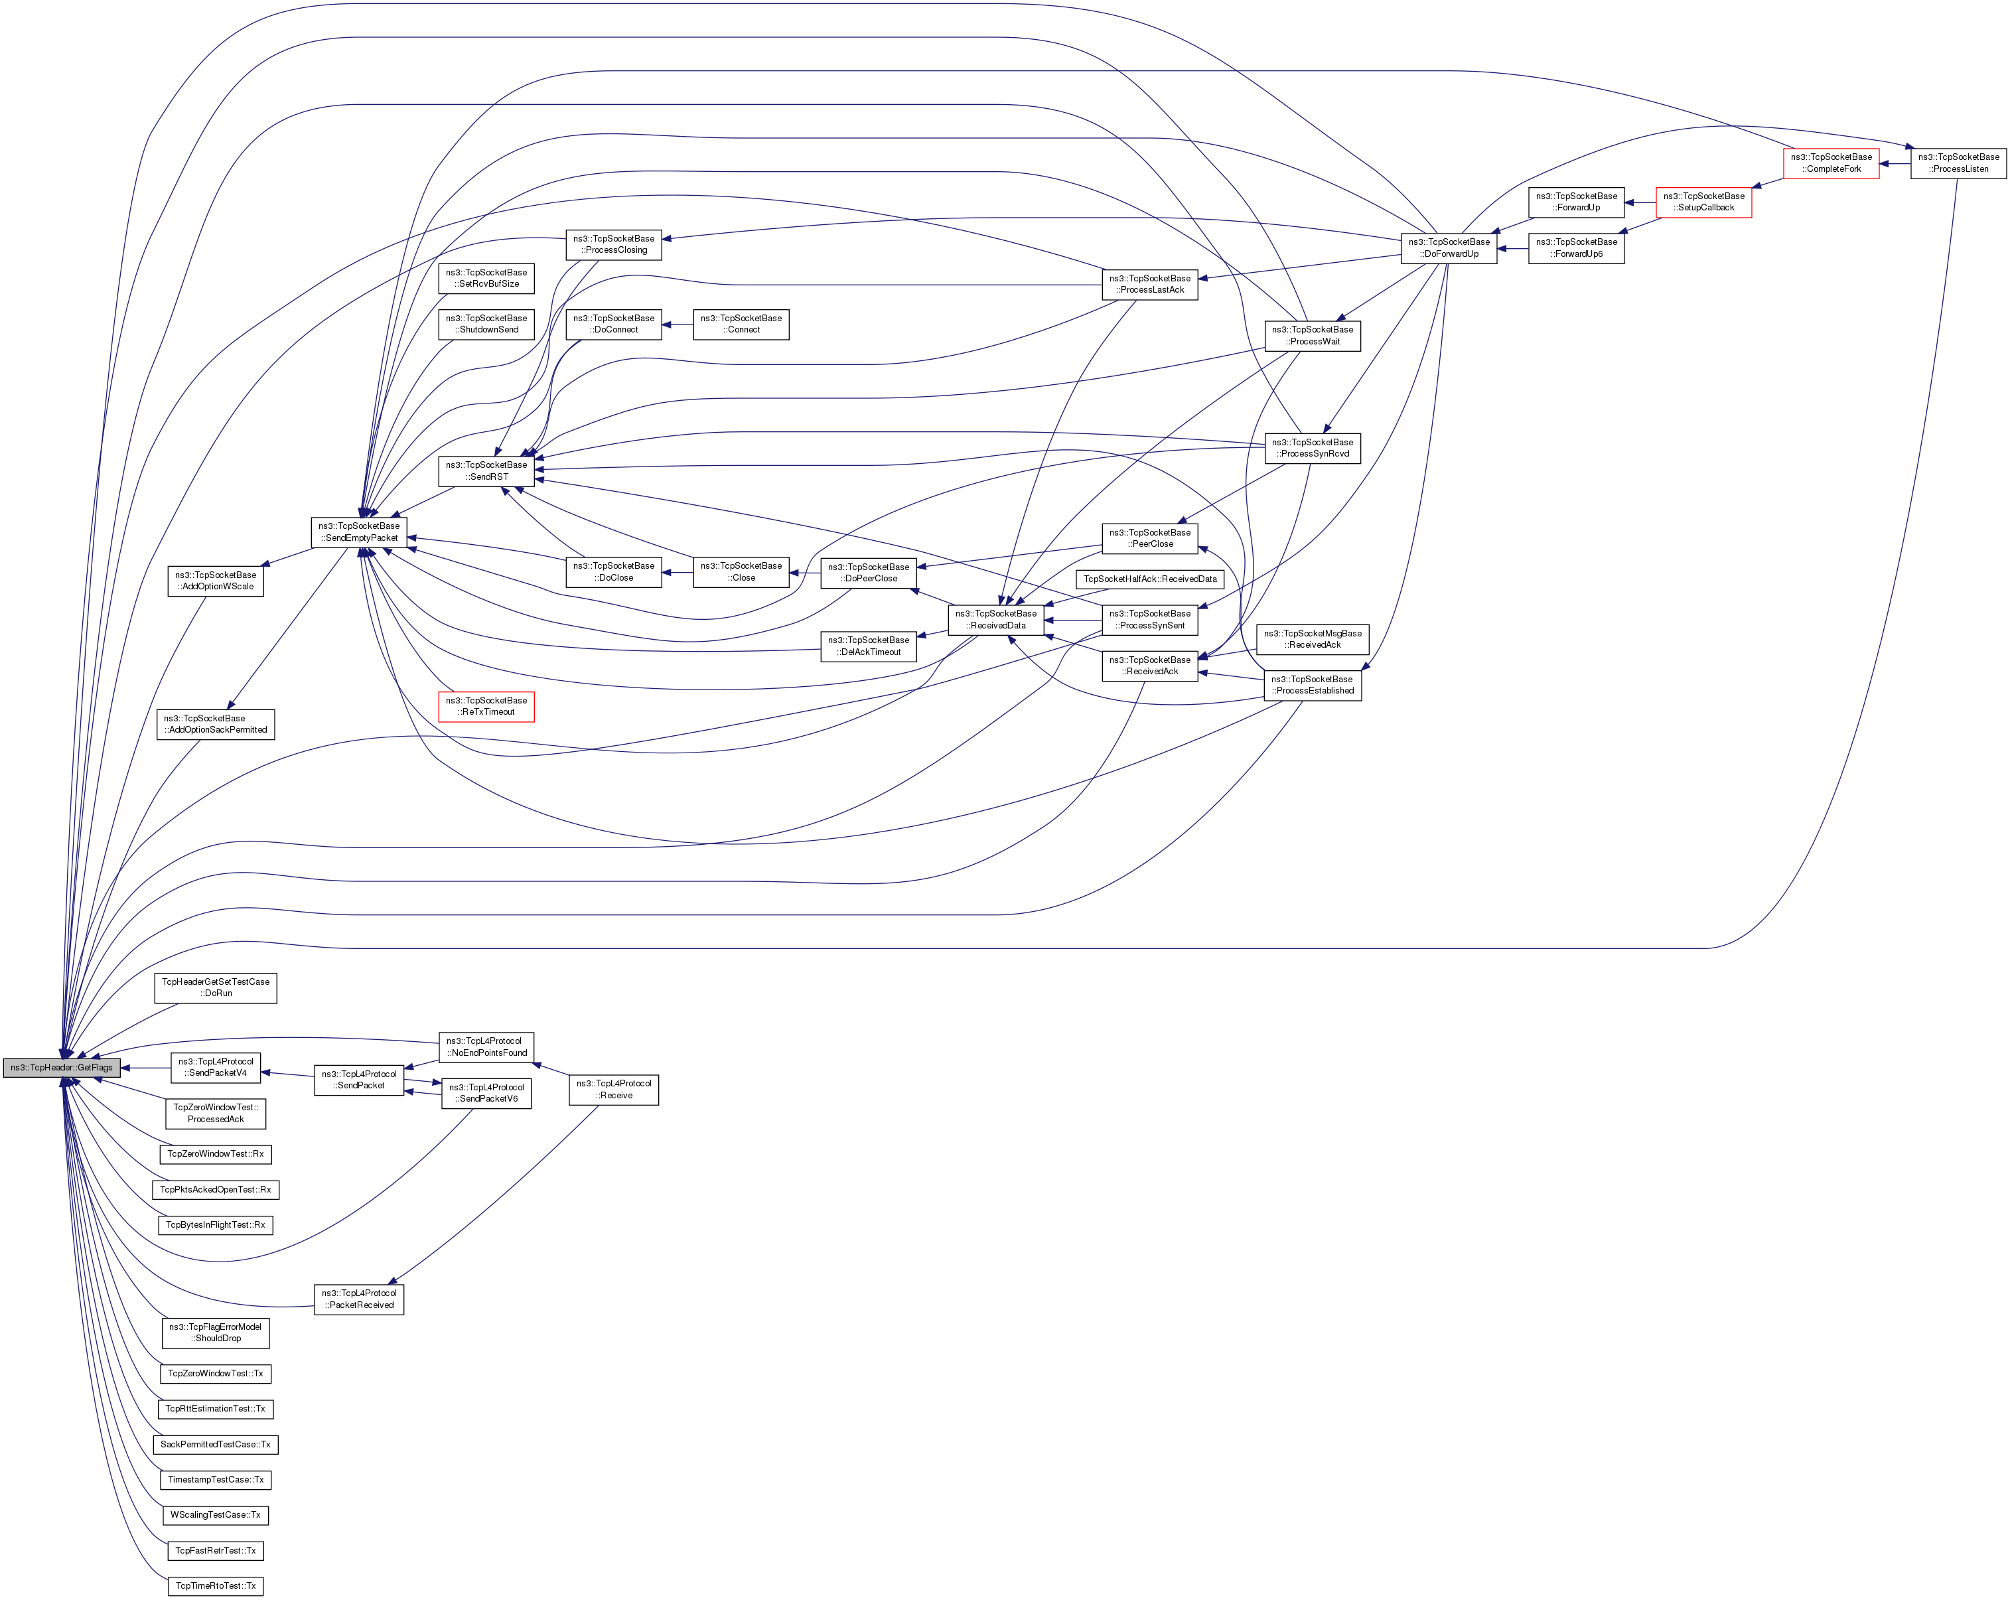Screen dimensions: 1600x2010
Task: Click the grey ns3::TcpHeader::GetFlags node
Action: point(62,1068)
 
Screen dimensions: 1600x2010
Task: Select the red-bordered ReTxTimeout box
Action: point(486,706)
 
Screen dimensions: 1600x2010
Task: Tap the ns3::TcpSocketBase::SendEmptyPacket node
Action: point(359,532)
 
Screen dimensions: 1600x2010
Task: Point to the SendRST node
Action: point(486,471)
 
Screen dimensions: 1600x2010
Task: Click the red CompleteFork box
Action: point(1831,163)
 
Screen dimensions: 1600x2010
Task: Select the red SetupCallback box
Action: point(1703,202)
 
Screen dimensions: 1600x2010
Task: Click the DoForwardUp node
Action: point(1448,248)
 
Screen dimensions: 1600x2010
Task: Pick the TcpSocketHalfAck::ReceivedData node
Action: point(1149,579)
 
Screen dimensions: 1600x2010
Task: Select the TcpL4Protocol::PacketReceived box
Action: point(359,1299)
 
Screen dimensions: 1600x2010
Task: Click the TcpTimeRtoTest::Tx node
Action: point(216,1585)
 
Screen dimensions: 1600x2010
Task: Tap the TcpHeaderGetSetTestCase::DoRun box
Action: point(216,987)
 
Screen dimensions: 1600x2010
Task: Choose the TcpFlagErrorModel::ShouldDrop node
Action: point(216,1333)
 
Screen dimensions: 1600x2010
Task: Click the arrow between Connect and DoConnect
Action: point(678,325)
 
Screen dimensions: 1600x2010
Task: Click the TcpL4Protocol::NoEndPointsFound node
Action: point(486,1046)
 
